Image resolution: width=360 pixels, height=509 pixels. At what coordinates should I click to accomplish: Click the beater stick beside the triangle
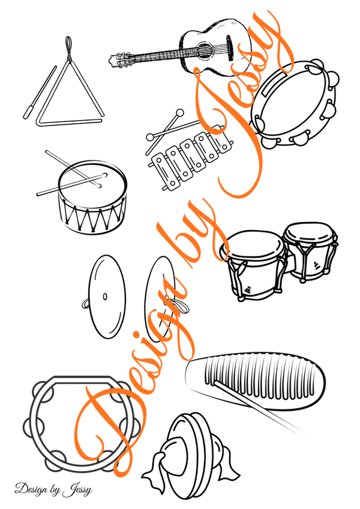40,92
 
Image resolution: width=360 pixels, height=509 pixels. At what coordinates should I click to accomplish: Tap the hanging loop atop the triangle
68,47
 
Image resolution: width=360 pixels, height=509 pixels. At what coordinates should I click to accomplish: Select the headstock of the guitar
118,60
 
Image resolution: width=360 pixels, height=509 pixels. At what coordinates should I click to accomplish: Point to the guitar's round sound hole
205,50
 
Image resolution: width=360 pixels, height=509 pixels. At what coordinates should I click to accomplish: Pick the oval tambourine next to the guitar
295,104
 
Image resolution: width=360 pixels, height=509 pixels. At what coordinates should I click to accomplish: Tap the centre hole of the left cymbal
105,297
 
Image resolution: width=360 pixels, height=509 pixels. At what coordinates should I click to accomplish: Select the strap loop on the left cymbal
85,303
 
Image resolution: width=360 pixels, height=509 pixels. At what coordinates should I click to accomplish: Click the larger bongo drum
253,265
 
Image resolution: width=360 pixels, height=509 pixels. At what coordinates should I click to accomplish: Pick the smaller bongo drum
310,251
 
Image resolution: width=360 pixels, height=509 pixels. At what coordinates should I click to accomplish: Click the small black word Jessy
77,490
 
